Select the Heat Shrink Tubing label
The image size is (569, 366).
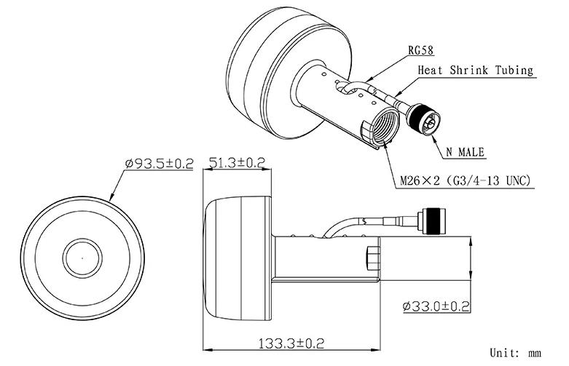pyautogui.click(x=475, y=71)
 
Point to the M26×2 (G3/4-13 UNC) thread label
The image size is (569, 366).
pyautogui.click(x=465, y=180)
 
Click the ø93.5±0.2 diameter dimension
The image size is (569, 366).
pyautogui.click(x=158, y=164)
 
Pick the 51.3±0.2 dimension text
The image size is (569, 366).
pyautogui.click(x=237, y=163)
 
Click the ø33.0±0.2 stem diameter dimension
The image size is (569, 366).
pyautogui.click(x=435, y=306)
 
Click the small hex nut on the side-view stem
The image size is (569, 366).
pyautogui.click(x=374, y=256)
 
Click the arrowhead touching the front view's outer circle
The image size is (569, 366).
pyautogui.click(x=111, y=198)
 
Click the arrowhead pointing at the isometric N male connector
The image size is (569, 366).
pyautogui.click(x=434, y=132)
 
